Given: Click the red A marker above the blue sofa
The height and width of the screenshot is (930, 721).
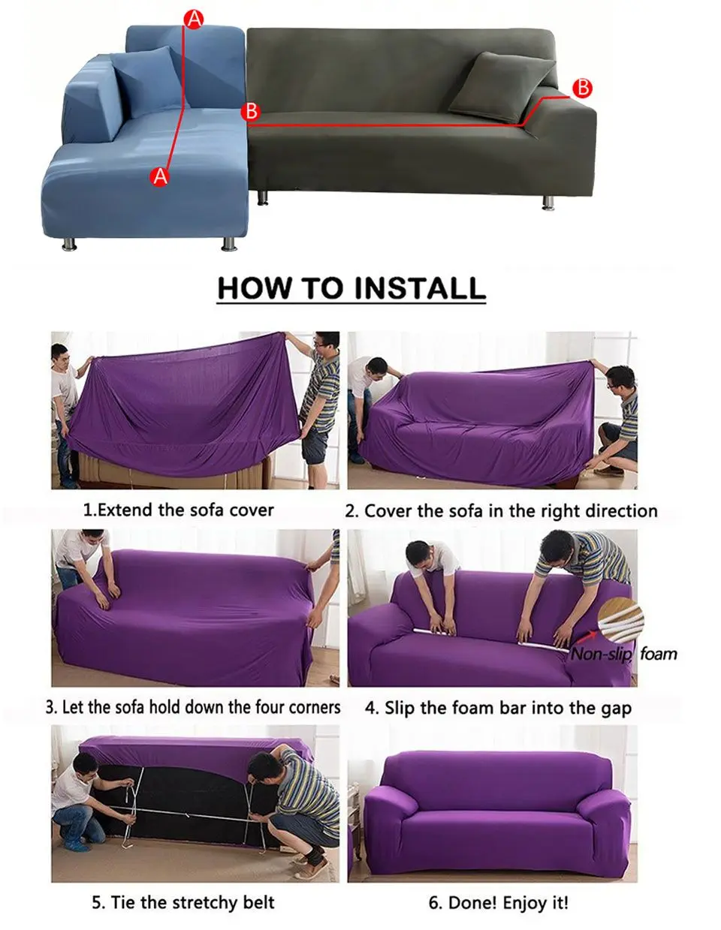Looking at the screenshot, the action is [194, 20].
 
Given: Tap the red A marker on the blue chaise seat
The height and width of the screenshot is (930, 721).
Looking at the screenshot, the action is [160, 176].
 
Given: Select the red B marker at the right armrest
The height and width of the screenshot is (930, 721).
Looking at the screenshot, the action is [582, 88].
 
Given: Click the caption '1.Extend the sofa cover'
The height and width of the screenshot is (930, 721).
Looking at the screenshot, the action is [178, 510].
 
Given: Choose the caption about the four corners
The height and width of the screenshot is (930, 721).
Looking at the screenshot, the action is [193, 707].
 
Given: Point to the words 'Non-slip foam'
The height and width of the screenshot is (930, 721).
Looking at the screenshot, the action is [624, 655].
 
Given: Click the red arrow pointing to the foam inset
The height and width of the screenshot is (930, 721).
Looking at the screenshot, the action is [587, 637].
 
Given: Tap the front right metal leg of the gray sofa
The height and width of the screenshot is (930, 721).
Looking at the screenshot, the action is [548, 203].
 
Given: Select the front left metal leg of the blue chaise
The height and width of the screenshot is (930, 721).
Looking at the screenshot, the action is [69, 245].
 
